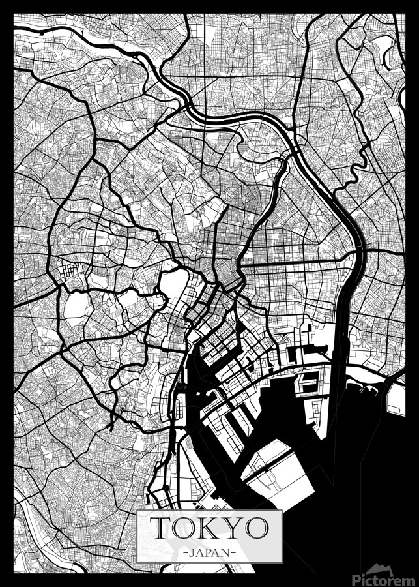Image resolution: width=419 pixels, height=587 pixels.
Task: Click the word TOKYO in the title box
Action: [x=210, y=527]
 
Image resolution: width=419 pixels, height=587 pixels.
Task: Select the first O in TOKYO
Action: [x=184, y=528]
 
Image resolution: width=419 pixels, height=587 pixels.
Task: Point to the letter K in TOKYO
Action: [x=209, y=528]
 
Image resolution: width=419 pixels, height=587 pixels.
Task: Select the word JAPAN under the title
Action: [x=210, y=552]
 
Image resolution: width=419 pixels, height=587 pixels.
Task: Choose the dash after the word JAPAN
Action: [x=233, y=552]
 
